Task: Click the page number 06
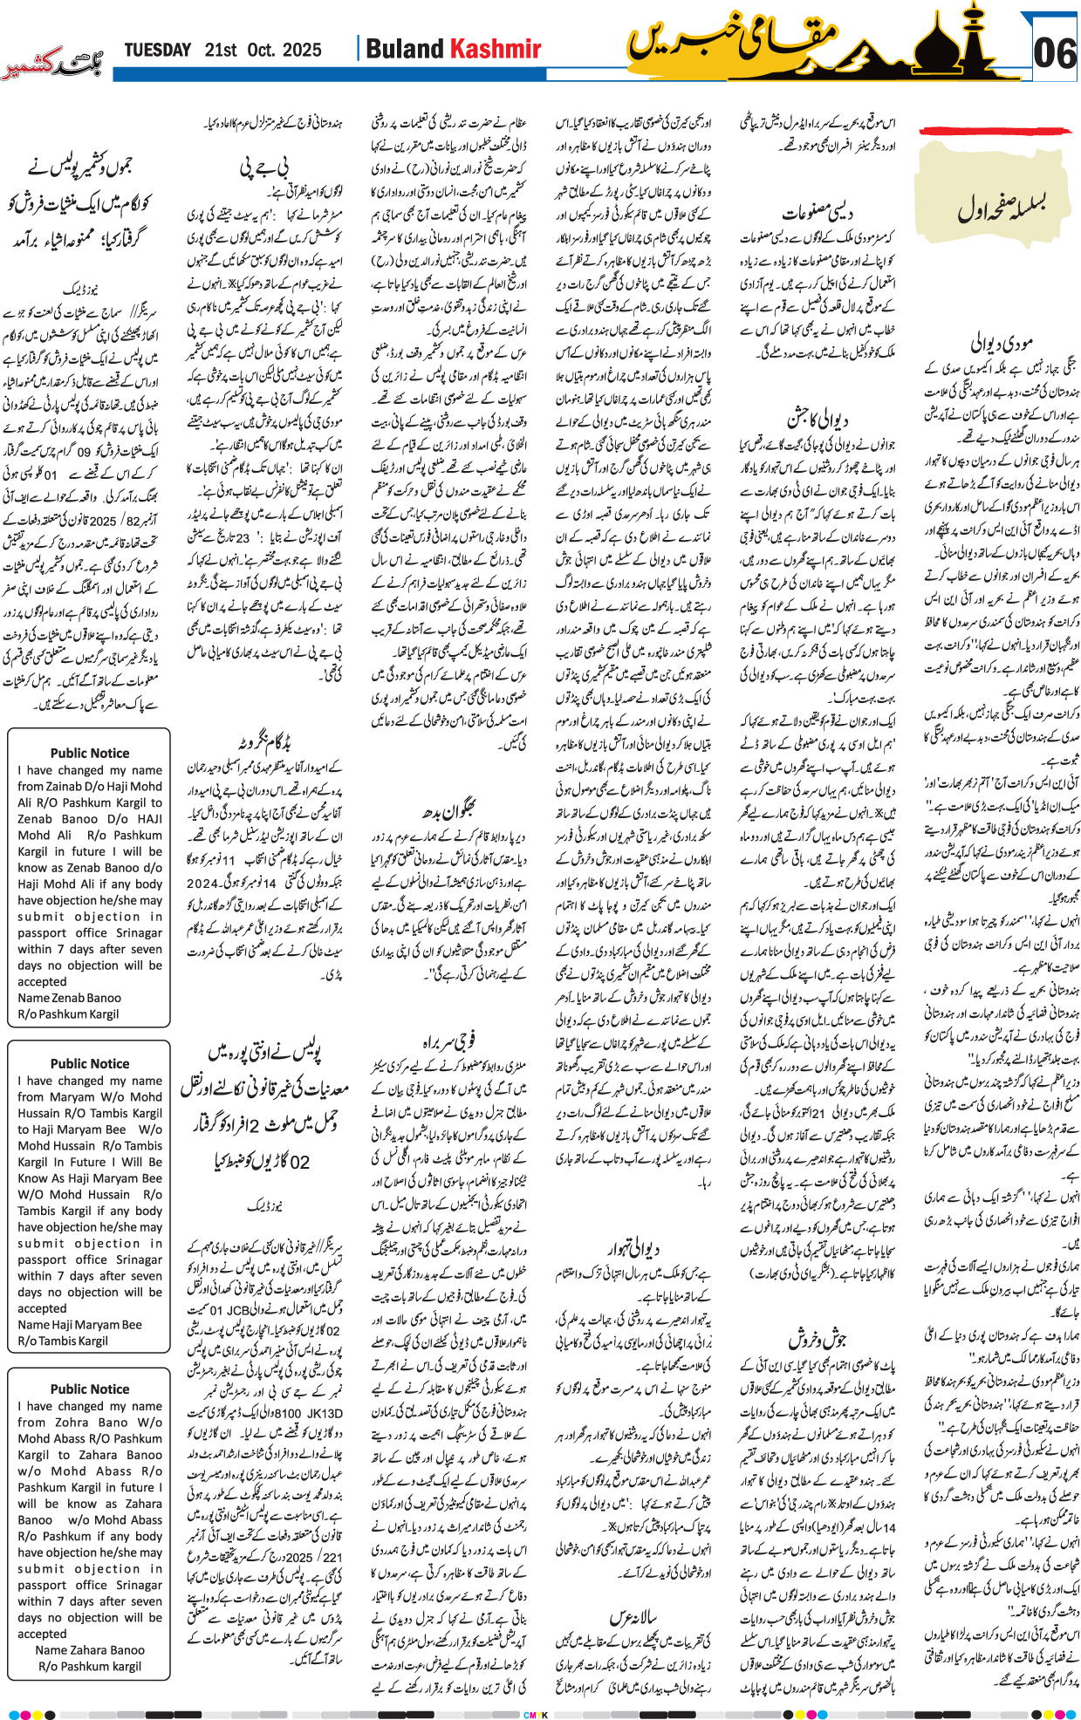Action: (1054, 53)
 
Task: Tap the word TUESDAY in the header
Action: (157, 50)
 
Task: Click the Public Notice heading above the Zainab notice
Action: (89, 753)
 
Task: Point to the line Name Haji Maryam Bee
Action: (79, 1324)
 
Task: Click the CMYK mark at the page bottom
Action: (535, 1715)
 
